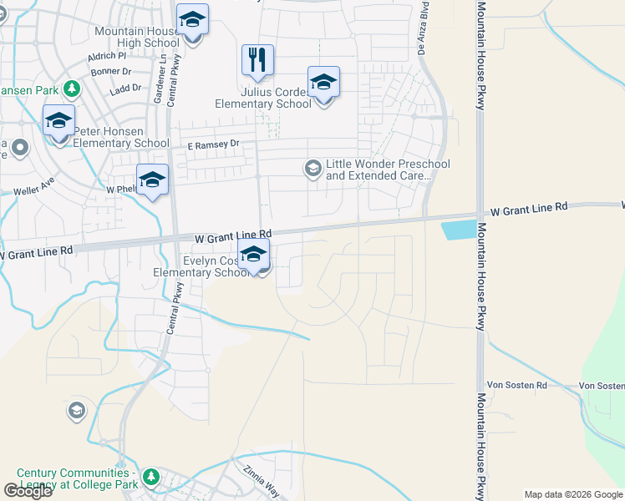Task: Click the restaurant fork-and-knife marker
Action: click(257, 59)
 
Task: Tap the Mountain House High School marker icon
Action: click(193, 20)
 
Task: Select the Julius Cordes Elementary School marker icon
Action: click(323, 82)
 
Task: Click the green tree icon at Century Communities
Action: click(151, 477)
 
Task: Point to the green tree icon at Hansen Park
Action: click(73, 88)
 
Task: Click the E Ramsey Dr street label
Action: click(213, 144)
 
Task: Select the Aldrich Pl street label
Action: click(106, 58)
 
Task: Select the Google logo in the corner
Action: click(28, 490)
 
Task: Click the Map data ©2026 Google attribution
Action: click(573, 494)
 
